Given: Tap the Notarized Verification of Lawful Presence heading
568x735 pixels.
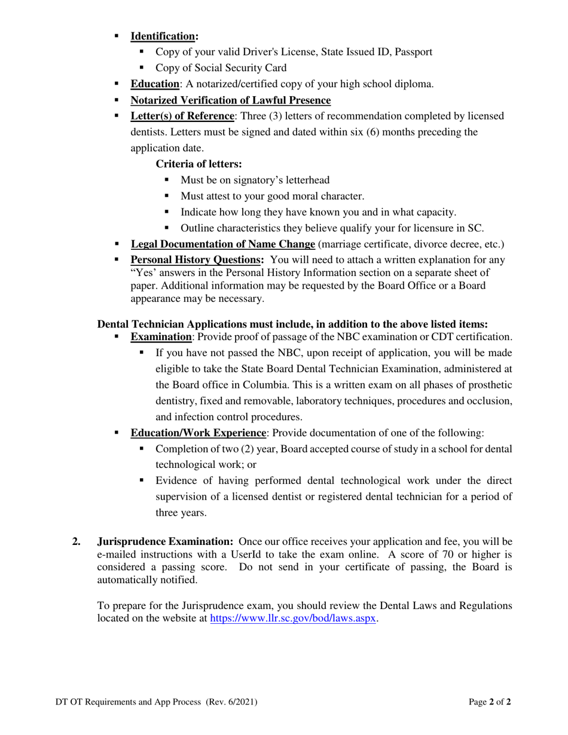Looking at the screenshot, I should [230, 100].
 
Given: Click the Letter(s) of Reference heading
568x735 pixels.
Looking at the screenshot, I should [182, 116].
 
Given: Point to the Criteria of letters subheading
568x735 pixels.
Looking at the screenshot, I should [199, 164].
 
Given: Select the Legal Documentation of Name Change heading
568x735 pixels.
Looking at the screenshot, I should [222, 244].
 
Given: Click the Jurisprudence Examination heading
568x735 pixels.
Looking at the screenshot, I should [165, 542].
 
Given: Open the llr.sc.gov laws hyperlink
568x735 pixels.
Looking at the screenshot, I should [294, 619].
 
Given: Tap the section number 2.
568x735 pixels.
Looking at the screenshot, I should [76, 542].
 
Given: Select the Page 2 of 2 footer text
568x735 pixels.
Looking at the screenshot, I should [490, 703].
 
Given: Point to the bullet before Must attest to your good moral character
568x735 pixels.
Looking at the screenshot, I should [167, 195].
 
